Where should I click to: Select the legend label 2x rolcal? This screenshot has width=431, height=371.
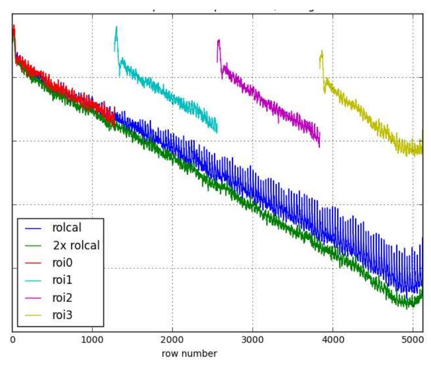click(x=76, y=245)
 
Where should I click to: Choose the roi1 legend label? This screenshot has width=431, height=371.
click(x=62, y=280)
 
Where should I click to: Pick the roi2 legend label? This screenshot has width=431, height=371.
click(x=62, y=298)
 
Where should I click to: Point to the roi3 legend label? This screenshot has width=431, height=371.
click(x=62, y=315)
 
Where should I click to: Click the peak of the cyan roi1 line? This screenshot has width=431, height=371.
click(x=117, y=27)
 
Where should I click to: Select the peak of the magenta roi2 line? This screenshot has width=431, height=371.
click(x=219, y=41)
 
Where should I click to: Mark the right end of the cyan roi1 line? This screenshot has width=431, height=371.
click(x=217, y=132)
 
